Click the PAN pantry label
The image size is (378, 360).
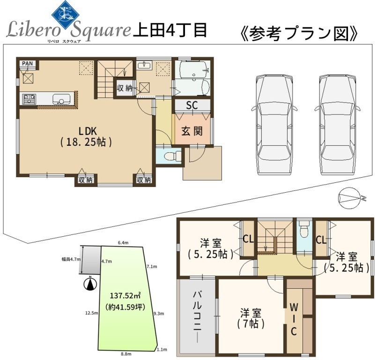coord(27,63)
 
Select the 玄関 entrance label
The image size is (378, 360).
coord(192,131)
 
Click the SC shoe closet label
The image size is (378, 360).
coord(192,105)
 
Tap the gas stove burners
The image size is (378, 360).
coord(29,99)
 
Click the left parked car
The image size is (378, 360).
coord(274,125)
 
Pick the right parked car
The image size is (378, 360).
coord(337,125)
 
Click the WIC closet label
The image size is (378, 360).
coord(294,319)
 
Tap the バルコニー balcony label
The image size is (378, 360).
coord(197,317)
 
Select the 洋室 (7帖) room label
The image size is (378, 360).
coord(251,318)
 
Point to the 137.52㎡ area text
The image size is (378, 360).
coord(126,295)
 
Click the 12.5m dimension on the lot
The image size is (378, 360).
coord(92,313)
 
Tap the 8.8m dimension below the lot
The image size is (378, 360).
coord(126,354)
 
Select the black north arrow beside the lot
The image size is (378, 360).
coord(90,284)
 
